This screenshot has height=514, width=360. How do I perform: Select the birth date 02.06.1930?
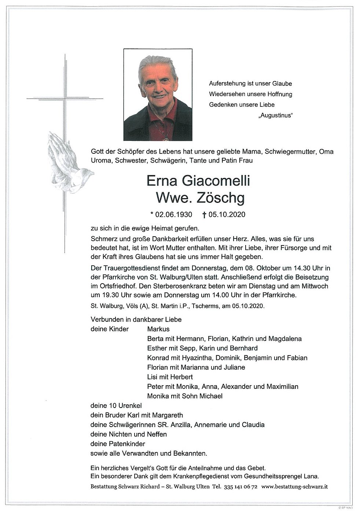coord(171,214)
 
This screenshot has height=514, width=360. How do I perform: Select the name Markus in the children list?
coord(158,329)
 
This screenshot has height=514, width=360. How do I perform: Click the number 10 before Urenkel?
coord(109,406)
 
